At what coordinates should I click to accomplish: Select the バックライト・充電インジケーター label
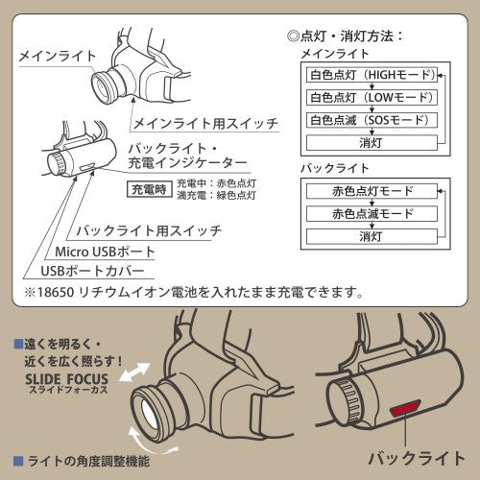coord(187,156)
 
